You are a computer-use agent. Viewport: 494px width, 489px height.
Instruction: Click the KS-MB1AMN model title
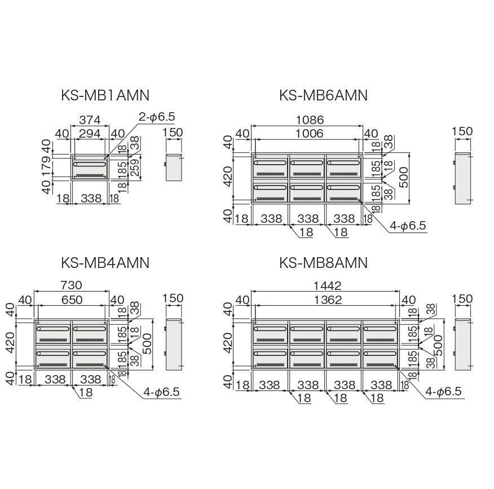click(105, 95)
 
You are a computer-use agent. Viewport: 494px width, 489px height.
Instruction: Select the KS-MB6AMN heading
click(324, 95)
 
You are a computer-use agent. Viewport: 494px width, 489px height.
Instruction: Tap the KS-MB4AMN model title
click(105, 262)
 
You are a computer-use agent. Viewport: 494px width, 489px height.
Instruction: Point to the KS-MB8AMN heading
click(324, 262)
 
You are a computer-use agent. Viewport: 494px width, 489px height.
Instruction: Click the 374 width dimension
click(90, 120)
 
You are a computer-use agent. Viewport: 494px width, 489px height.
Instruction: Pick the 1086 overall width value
click(310, 120)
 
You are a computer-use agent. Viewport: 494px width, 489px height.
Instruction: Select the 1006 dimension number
click(309, 133)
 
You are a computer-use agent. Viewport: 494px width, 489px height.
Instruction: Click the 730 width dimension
click(71, 285)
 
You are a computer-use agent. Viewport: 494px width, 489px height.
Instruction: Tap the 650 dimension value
click(72, 299)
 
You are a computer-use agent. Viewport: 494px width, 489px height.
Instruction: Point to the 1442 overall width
click(328, 285)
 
